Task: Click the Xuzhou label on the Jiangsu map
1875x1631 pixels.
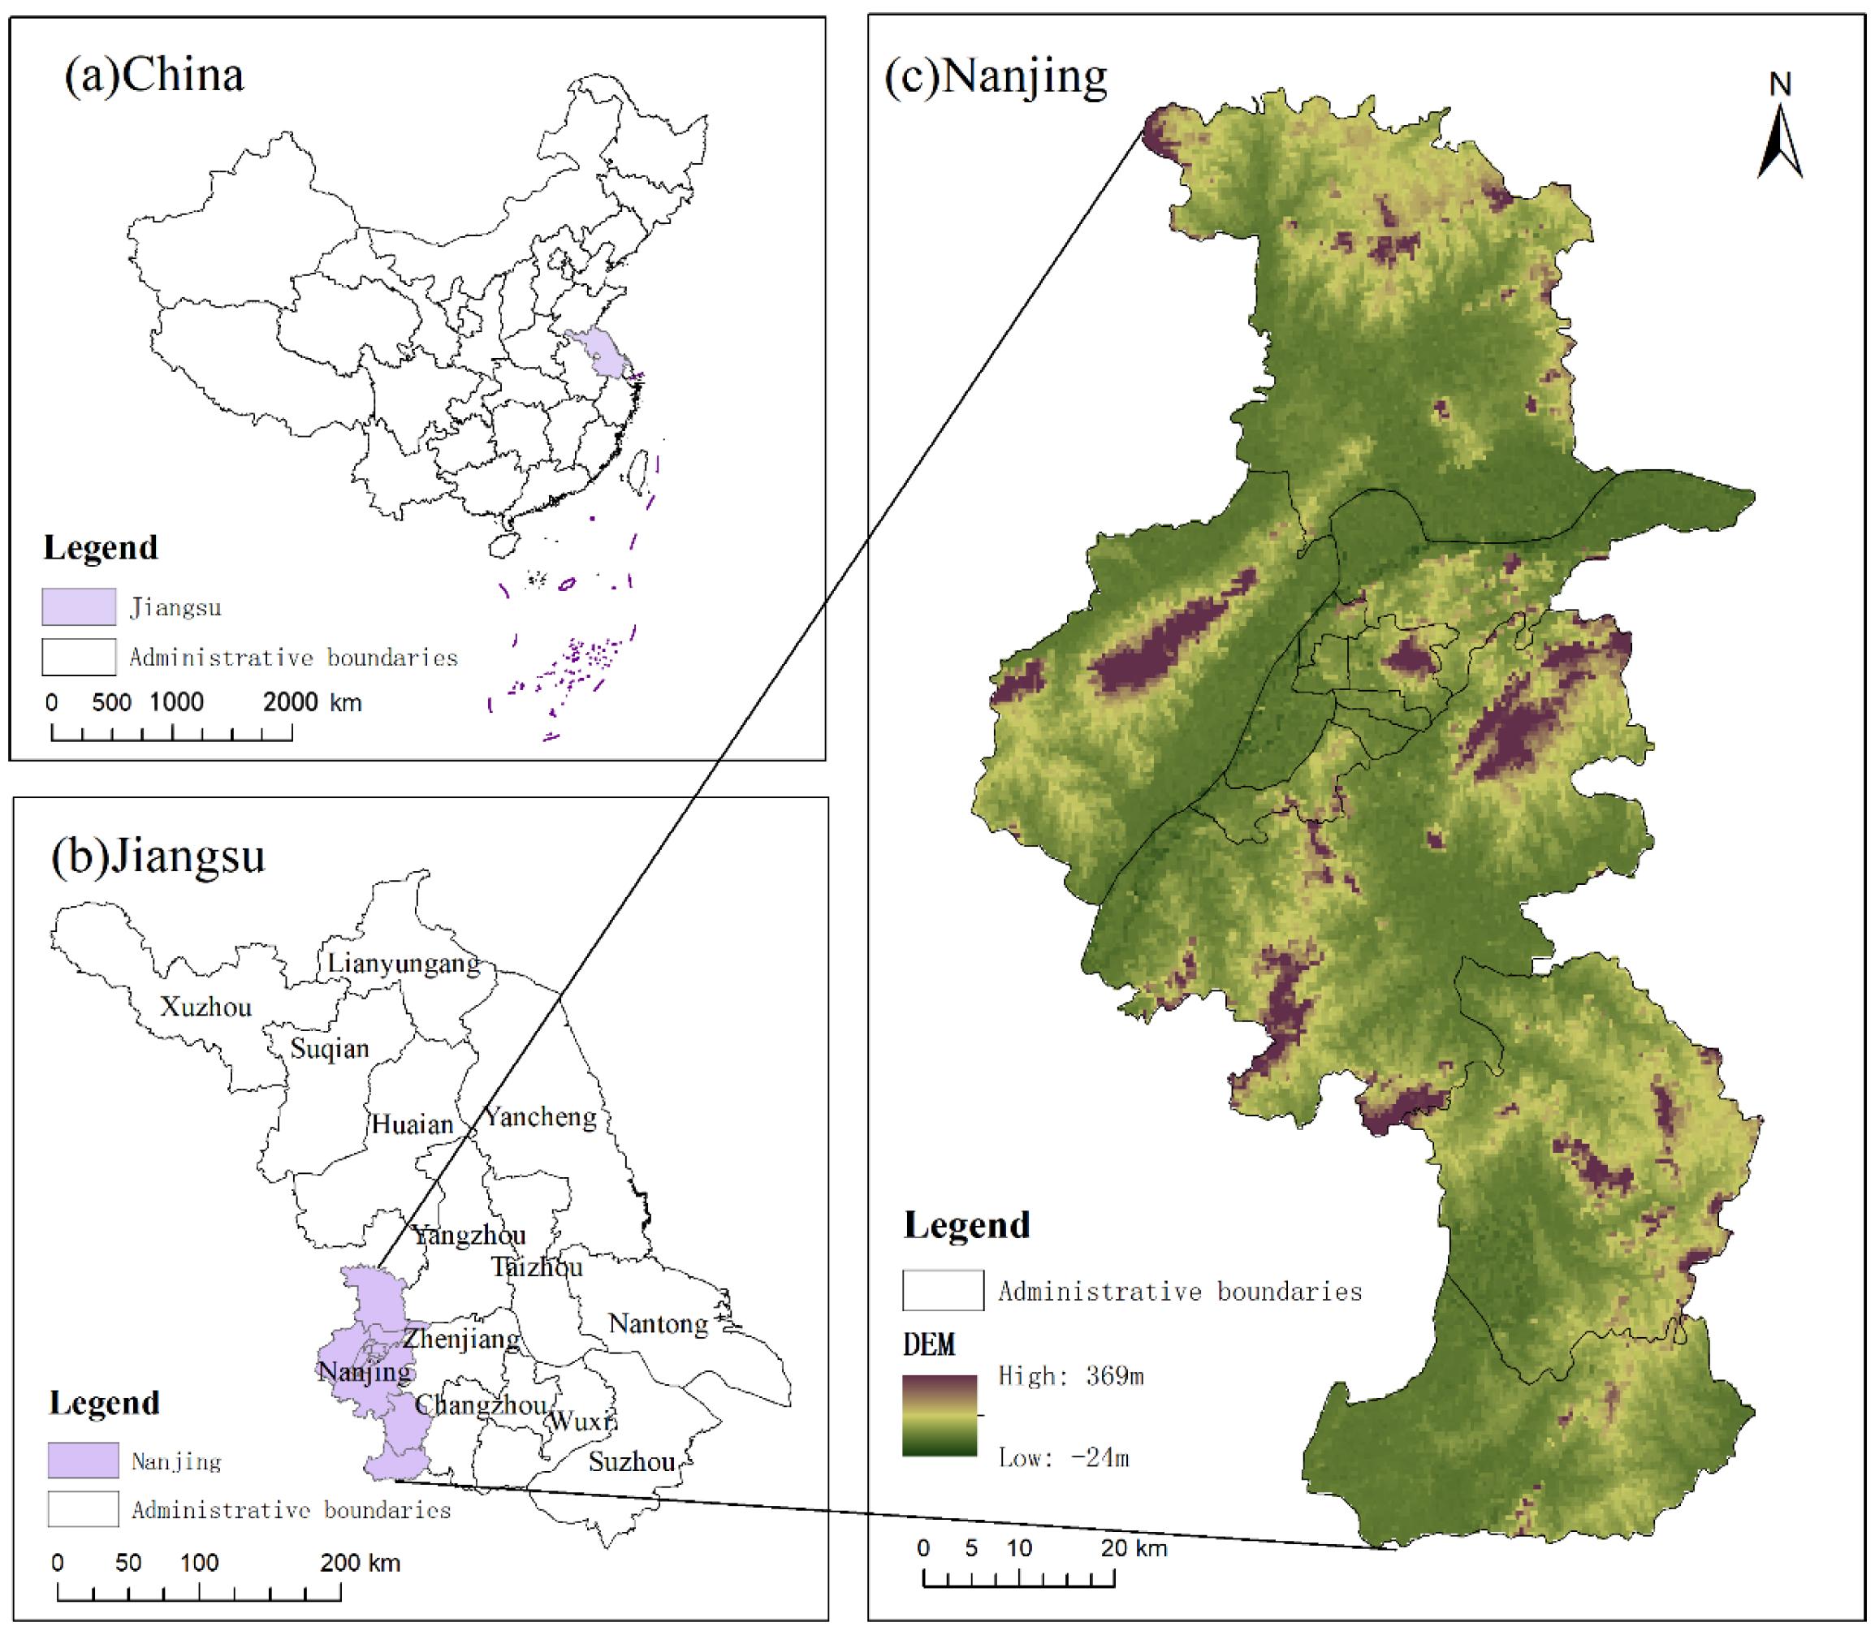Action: point(205,1008)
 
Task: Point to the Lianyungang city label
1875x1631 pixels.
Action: point(404,964)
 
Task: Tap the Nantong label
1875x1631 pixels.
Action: point(657,1324)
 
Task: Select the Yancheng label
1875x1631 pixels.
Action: point(541,1118)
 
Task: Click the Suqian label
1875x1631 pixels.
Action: point(330,1050)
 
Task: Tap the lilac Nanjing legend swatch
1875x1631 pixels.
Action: point(83,1461)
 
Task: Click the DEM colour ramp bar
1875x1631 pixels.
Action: point(940,1416)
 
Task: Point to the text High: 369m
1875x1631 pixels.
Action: point(1070,1376)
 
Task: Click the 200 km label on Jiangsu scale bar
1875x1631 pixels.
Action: point(360,1564)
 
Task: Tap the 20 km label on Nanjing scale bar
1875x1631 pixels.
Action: point(1133,1548)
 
